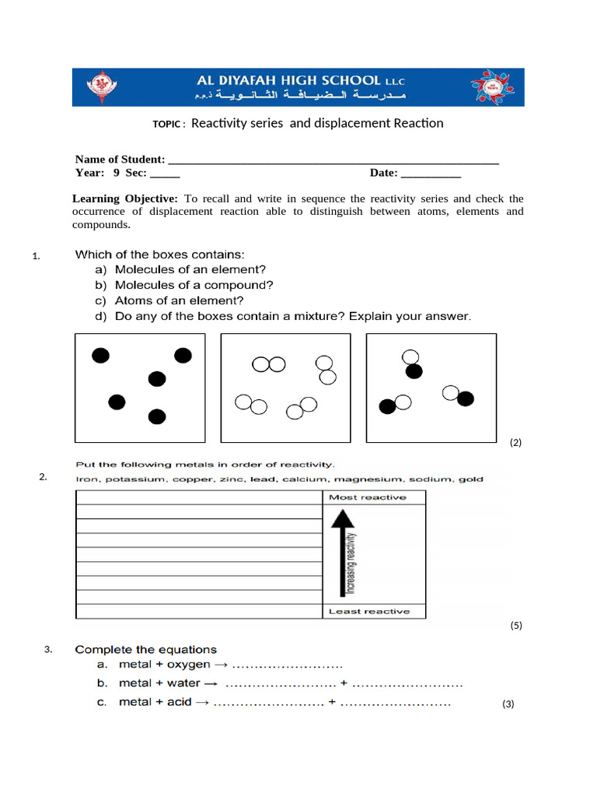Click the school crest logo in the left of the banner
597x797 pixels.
pos(99,86)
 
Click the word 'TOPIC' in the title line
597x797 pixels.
pos(166,125)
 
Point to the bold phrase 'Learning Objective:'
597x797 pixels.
pos(125,198)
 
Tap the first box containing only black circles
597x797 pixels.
pos(140,387)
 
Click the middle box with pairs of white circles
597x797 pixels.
pos(285,387)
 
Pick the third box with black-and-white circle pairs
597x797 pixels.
pos(431,387)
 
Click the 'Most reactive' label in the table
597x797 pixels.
pos(367,497)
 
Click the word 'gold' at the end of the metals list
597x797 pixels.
pos(472,479)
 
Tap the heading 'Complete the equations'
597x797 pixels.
pos(145,649)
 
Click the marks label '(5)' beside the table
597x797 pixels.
pos(516,625)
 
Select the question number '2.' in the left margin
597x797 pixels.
pos(44,477)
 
